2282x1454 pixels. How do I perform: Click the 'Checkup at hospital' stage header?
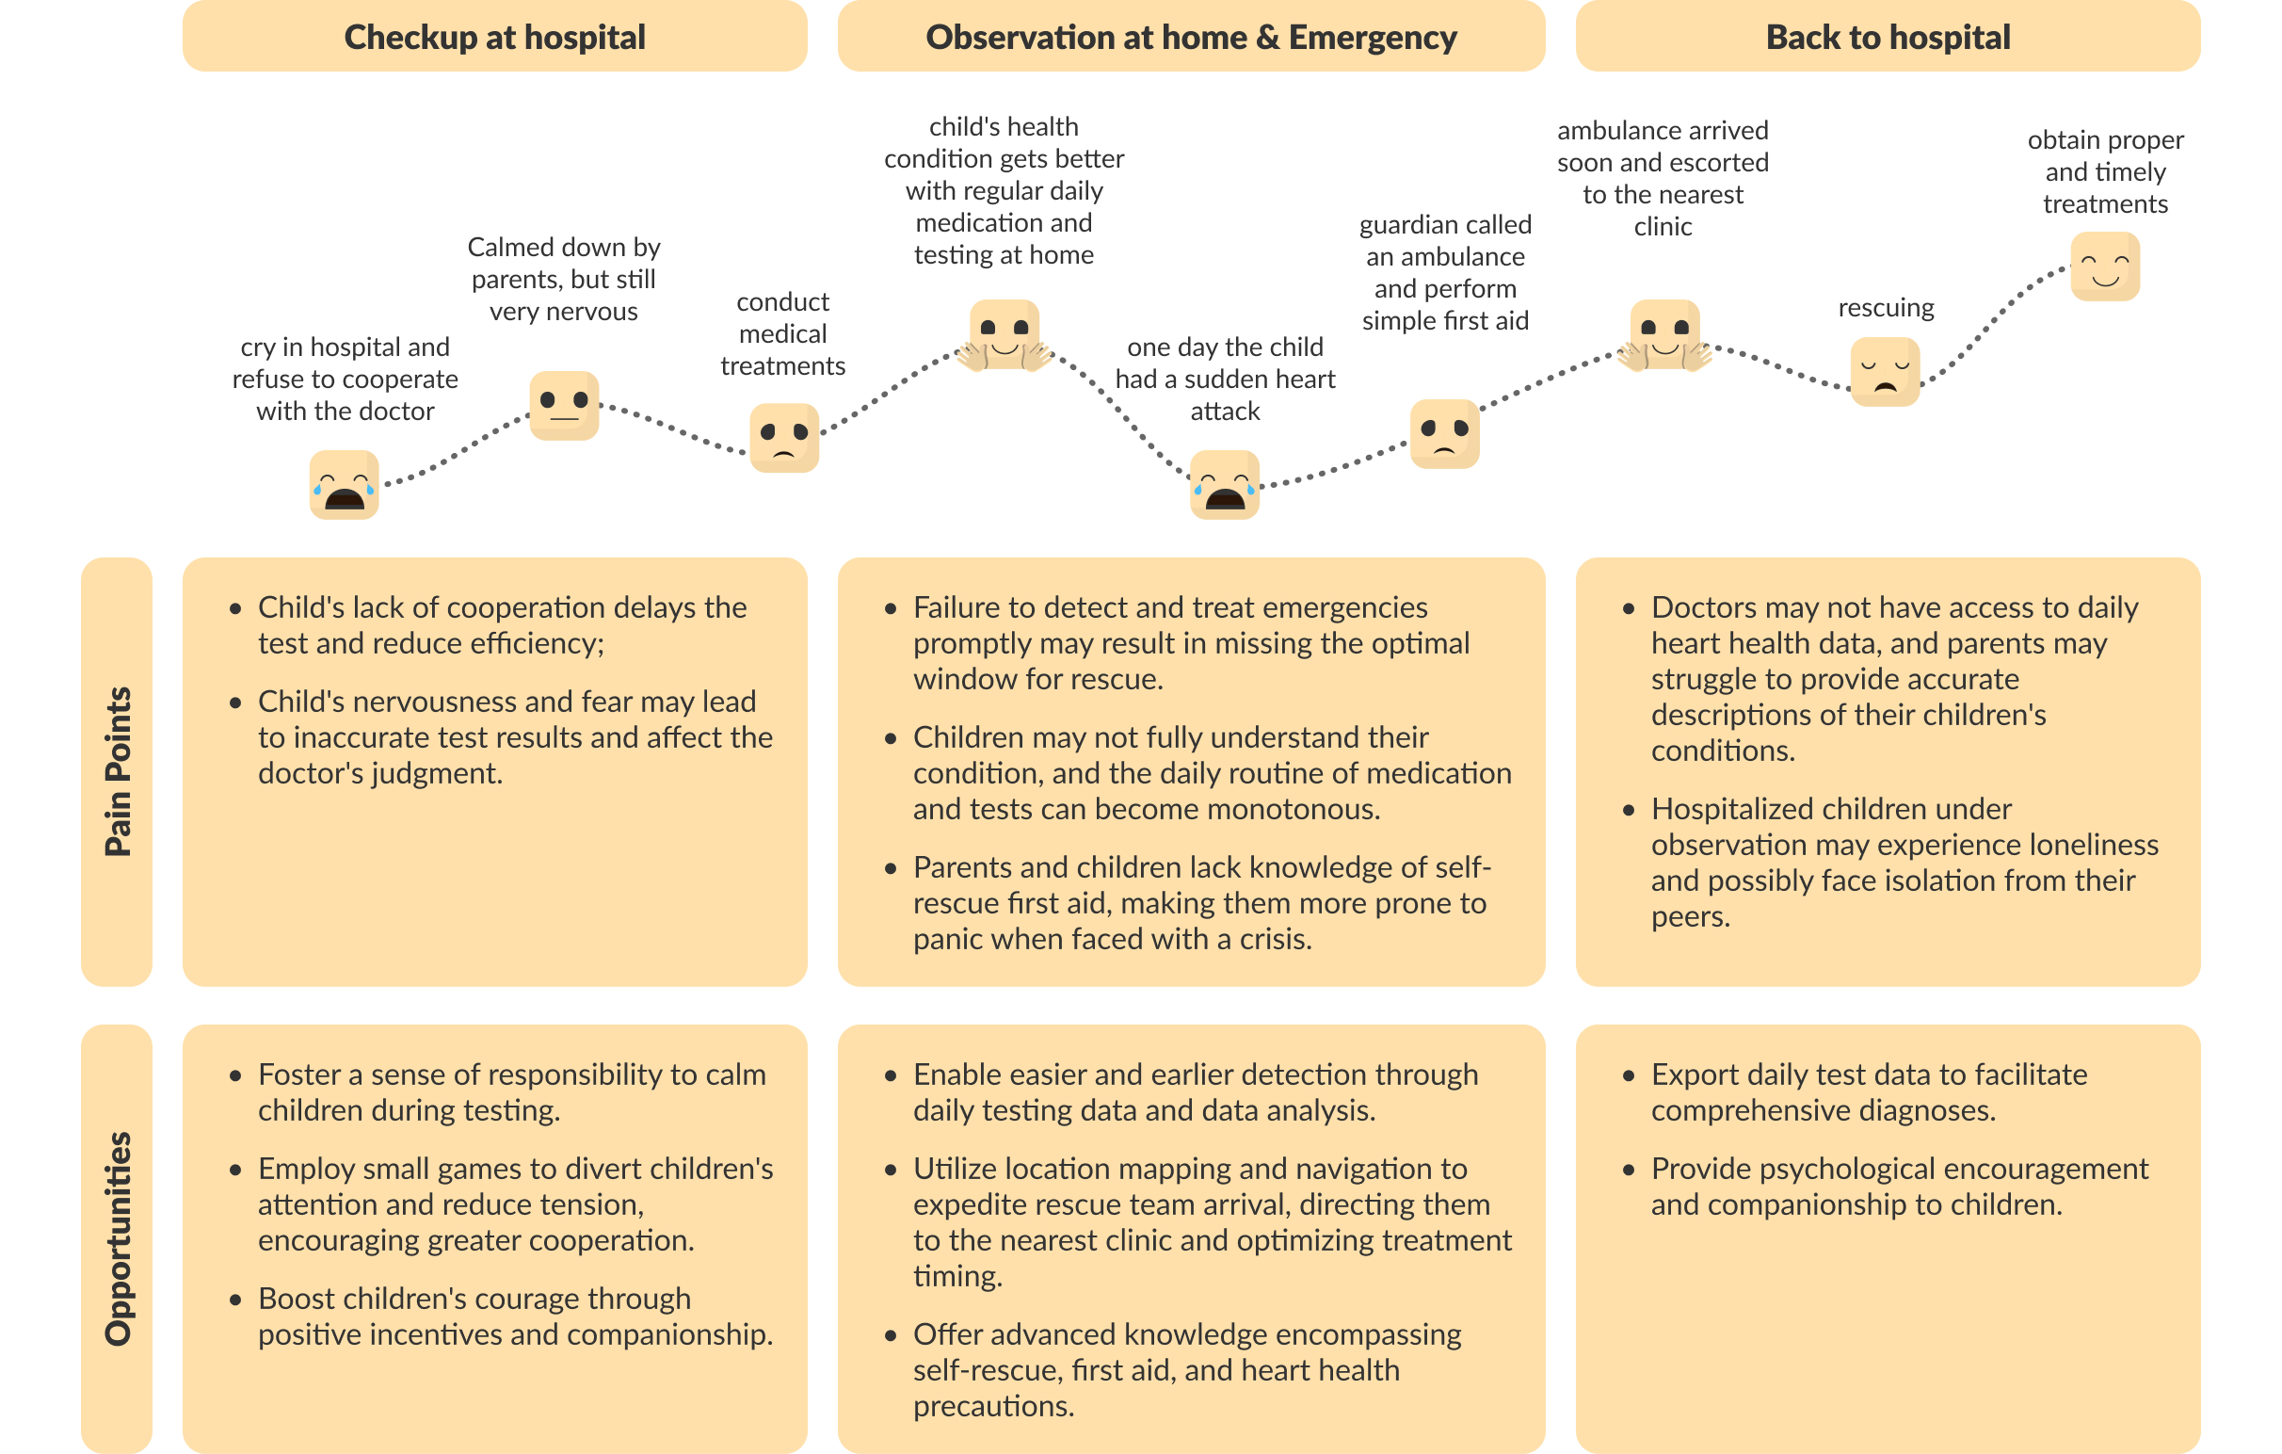point(493,37)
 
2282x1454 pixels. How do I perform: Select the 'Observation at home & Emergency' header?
point(1190,37)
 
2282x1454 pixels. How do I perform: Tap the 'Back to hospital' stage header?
point(1887,37)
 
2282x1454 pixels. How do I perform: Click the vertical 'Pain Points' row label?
point(117,771)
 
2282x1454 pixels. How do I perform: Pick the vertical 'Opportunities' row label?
point(117,1238)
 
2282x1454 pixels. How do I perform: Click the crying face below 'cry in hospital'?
point(344,485)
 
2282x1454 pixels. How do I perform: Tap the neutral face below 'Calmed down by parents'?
point(564,405)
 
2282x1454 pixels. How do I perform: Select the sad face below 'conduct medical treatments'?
point(783,437)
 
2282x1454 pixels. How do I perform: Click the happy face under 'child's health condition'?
point(1004,334)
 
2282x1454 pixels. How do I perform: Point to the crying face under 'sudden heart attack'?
point(1225,485)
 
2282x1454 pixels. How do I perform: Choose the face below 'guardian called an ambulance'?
point(1444,433)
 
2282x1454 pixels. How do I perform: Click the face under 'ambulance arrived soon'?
point(1664,334)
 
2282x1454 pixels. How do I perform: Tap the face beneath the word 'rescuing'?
point(1885,372)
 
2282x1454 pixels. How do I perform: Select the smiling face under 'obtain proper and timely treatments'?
point(2105,267)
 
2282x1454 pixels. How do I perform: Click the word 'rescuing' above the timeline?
point(1886,308)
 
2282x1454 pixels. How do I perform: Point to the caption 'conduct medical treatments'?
point(782,333)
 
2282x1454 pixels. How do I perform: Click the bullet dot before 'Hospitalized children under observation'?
point(1628,811)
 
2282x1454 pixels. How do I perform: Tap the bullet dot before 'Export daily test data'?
point(1628,1075)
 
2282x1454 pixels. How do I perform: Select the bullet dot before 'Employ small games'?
point(235,1170)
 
